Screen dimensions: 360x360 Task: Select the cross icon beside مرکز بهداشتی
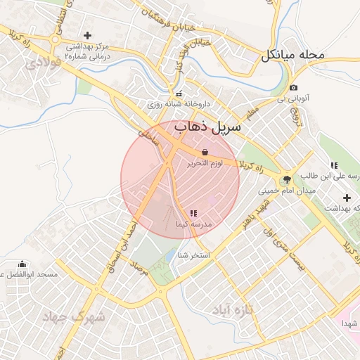click(x=88, y=35)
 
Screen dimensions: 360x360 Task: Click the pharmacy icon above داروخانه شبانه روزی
click(x=179, y=94)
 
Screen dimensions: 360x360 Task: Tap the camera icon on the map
click(x=292, y=87)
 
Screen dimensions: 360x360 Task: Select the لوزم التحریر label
click(x=205, y=163)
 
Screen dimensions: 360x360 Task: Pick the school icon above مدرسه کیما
click(x=193, y=213)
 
